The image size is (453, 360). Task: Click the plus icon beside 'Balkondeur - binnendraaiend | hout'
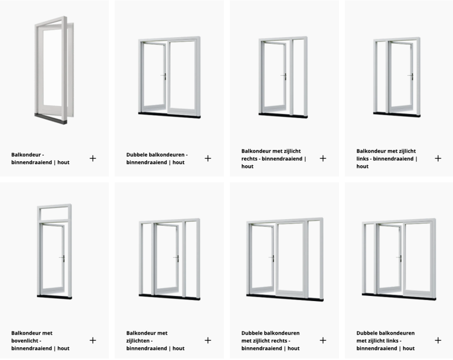coord(93,158)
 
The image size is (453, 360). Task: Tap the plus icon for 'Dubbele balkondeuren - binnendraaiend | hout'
coord(208,158)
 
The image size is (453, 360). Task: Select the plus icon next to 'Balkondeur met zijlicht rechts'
coord(323,158)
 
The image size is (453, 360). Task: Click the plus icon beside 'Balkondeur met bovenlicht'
coord(93,340)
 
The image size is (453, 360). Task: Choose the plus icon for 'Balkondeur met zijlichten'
coord(208,340)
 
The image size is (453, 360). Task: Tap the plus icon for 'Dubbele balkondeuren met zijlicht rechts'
coord(323,340)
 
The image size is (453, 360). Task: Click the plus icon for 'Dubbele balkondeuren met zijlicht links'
coord(438,340)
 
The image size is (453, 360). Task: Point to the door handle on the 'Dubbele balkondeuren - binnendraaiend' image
coord(164,76)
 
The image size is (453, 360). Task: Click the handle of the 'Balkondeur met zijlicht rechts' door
coord(284,76)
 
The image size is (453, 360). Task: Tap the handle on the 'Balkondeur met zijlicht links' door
coord(411,76)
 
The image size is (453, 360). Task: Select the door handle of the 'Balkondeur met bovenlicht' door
coord(63,258)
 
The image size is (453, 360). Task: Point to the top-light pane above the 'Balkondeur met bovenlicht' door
coord(54,214)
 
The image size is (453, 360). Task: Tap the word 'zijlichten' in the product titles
coord(138,341)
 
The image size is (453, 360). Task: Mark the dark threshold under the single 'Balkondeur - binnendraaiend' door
coord(50,118)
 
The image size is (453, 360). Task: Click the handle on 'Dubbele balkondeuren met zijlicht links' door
coord(400,258)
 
